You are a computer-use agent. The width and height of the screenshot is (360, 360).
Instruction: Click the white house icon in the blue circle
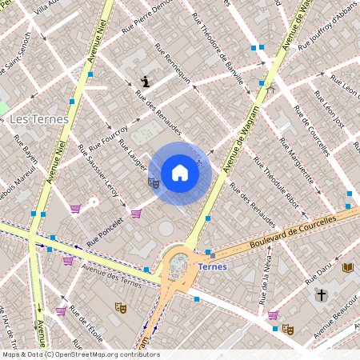click(x=180, y=173)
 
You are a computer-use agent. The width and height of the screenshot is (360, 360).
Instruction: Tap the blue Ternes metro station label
click(x=212, y=266)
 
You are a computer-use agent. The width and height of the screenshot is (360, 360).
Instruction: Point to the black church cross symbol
click(x=322, y=294)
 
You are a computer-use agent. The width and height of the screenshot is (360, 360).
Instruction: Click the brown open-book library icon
click(x=346, y=267)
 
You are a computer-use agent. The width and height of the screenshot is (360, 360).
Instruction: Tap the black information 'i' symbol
click(x=145, y=81)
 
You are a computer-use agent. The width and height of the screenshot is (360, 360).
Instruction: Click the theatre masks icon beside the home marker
click(x=154, y=182)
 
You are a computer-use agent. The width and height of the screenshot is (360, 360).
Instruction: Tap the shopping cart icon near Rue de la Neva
click(x=274, y=315)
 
